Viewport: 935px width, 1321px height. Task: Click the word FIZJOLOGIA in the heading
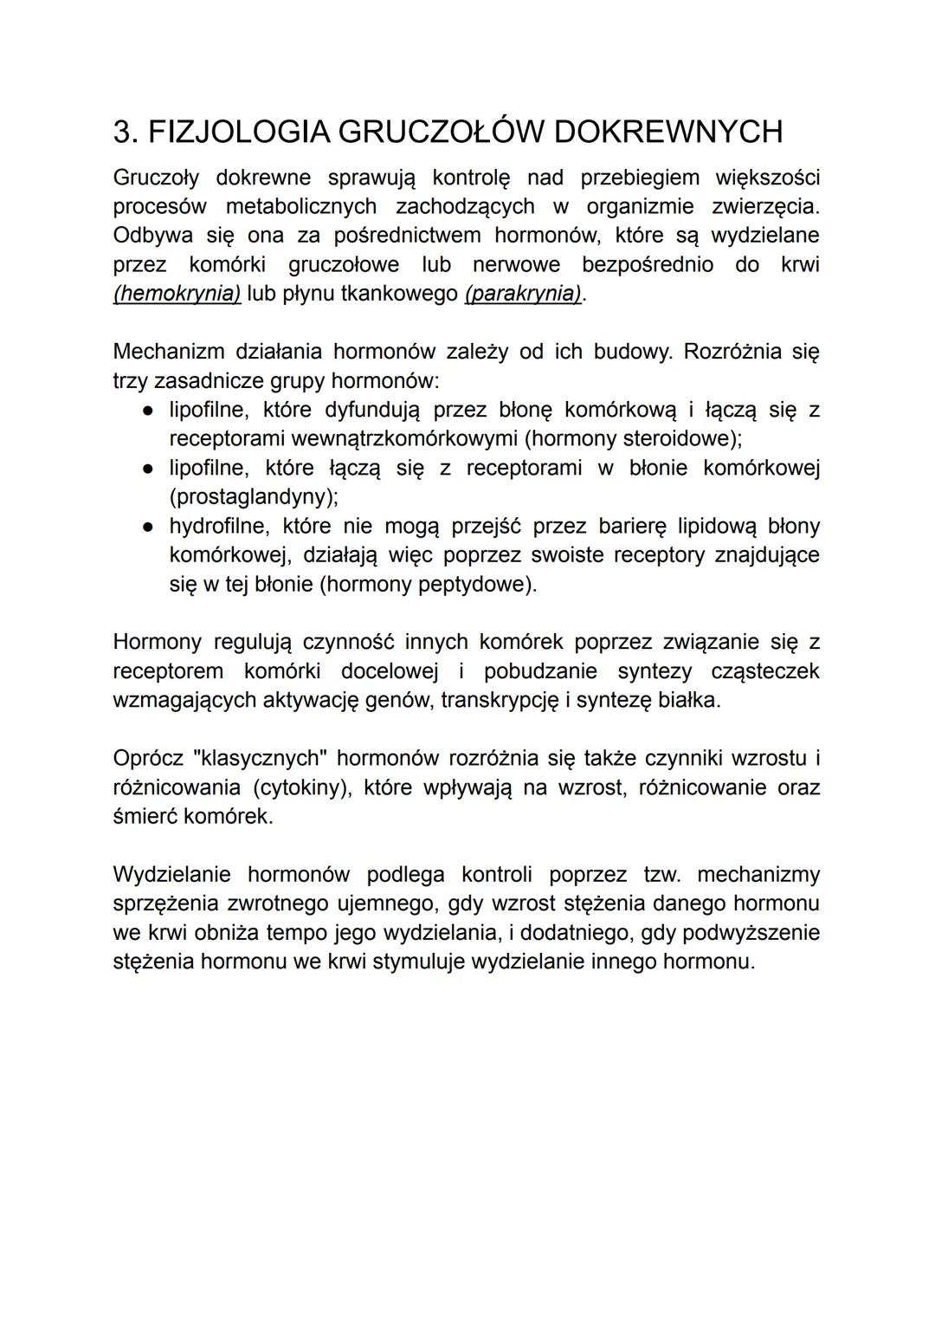[234, 132]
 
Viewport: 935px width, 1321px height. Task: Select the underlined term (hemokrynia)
[177, 294]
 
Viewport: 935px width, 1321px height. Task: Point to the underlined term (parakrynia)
[524, 294]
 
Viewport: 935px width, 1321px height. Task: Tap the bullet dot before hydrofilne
[149, 527]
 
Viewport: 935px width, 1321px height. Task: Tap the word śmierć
[144, 817]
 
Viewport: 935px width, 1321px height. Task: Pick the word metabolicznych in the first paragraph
[301, 207]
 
